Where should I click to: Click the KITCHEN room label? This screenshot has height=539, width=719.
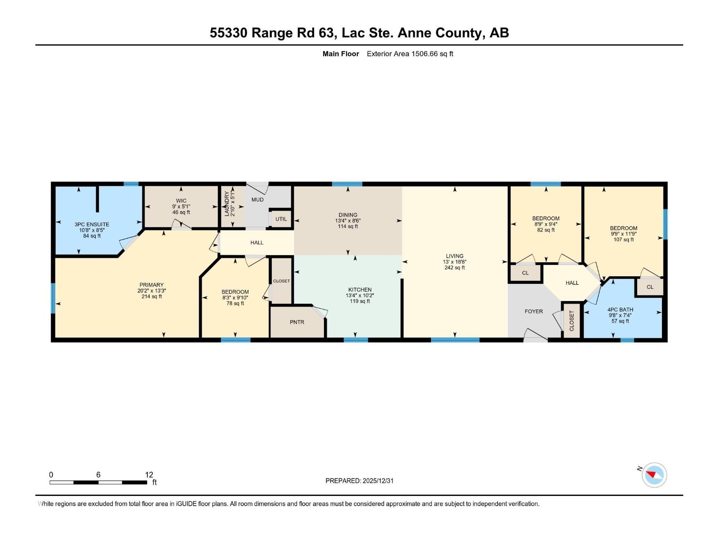click(x=359, y=290)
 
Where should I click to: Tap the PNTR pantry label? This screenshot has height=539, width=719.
click(x=297, y=322)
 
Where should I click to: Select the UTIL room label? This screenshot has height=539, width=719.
click(x=281, y=219)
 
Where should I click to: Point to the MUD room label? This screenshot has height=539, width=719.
click(x=257, y=199)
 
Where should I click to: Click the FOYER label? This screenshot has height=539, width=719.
click(x=533, y=311)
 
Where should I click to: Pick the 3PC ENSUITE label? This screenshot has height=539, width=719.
click(x=92, y=225)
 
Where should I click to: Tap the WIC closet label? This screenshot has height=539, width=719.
click(x=181, y=201)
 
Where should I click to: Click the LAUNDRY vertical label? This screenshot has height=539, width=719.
click(x=226, y=204)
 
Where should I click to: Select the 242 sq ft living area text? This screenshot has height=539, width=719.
click(x=455, y=268)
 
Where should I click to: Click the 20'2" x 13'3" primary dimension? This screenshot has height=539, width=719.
click(x=151, y=291)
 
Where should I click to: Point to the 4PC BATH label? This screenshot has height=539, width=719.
click(x=620, y=309)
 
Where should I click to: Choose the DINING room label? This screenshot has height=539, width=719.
click(x=348, y=215)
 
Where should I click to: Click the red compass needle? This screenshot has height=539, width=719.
click(x=651, y=474)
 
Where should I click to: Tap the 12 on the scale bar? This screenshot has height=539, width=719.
click(x=149, y=474)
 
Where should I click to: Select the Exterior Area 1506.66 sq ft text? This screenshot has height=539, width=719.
click(x=410, y=53)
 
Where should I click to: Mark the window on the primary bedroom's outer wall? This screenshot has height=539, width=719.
click(x=53, y=298)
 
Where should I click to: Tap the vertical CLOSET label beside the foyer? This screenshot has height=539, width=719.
click(x=572, y=321)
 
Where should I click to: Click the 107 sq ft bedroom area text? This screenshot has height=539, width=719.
click(x=623, y=239)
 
